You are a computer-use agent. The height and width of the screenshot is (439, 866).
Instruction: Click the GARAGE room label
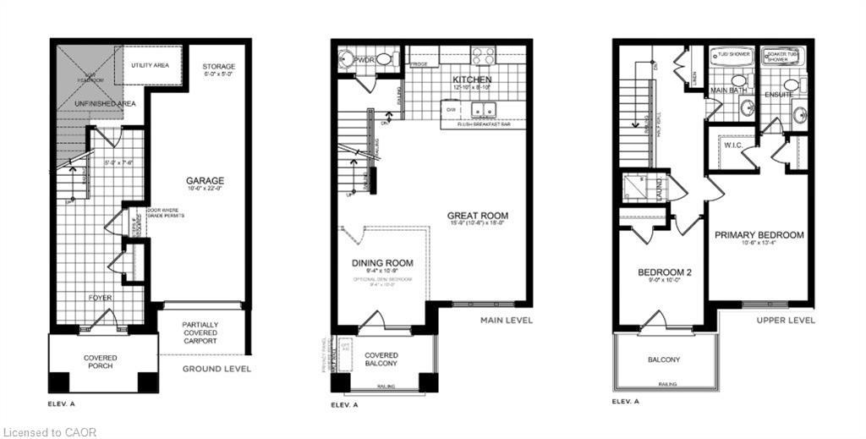(206, 181)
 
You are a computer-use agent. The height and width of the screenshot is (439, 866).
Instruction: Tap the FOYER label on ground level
(101, 298)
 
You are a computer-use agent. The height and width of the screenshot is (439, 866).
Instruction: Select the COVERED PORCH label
(101, 363)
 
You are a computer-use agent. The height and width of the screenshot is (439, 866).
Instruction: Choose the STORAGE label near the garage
(218, 67)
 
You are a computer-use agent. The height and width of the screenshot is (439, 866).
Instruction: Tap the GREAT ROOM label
(478, 216)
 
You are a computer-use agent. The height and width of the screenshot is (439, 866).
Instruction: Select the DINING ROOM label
(382, 263)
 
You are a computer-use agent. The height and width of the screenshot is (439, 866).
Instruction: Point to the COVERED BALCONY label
(381, 359)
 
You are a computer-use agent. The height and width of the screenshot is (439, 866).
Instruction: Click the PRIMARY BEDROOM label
(759, 235)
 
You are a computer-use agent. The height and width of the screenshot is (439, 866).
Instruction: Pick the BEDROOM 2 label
(664, 272)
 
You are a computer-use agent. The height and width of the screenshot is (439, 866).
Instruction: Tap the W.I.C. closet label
(733, 145)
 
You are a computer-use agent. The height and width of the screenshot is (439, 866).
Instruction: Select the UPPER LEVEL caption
(787, 321)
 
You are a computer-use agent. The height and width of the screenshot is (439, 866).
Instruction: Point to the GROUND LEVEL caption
(216, 369)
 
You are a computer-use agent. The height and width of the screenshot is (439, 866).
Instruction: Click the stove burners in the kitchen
(483, 56)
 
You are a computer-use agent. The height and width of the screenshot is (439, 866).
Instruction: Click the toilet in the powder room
(384, 59)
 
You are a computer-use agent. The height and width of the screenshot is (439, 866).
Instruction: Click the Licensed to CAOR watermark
(49, 432)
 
